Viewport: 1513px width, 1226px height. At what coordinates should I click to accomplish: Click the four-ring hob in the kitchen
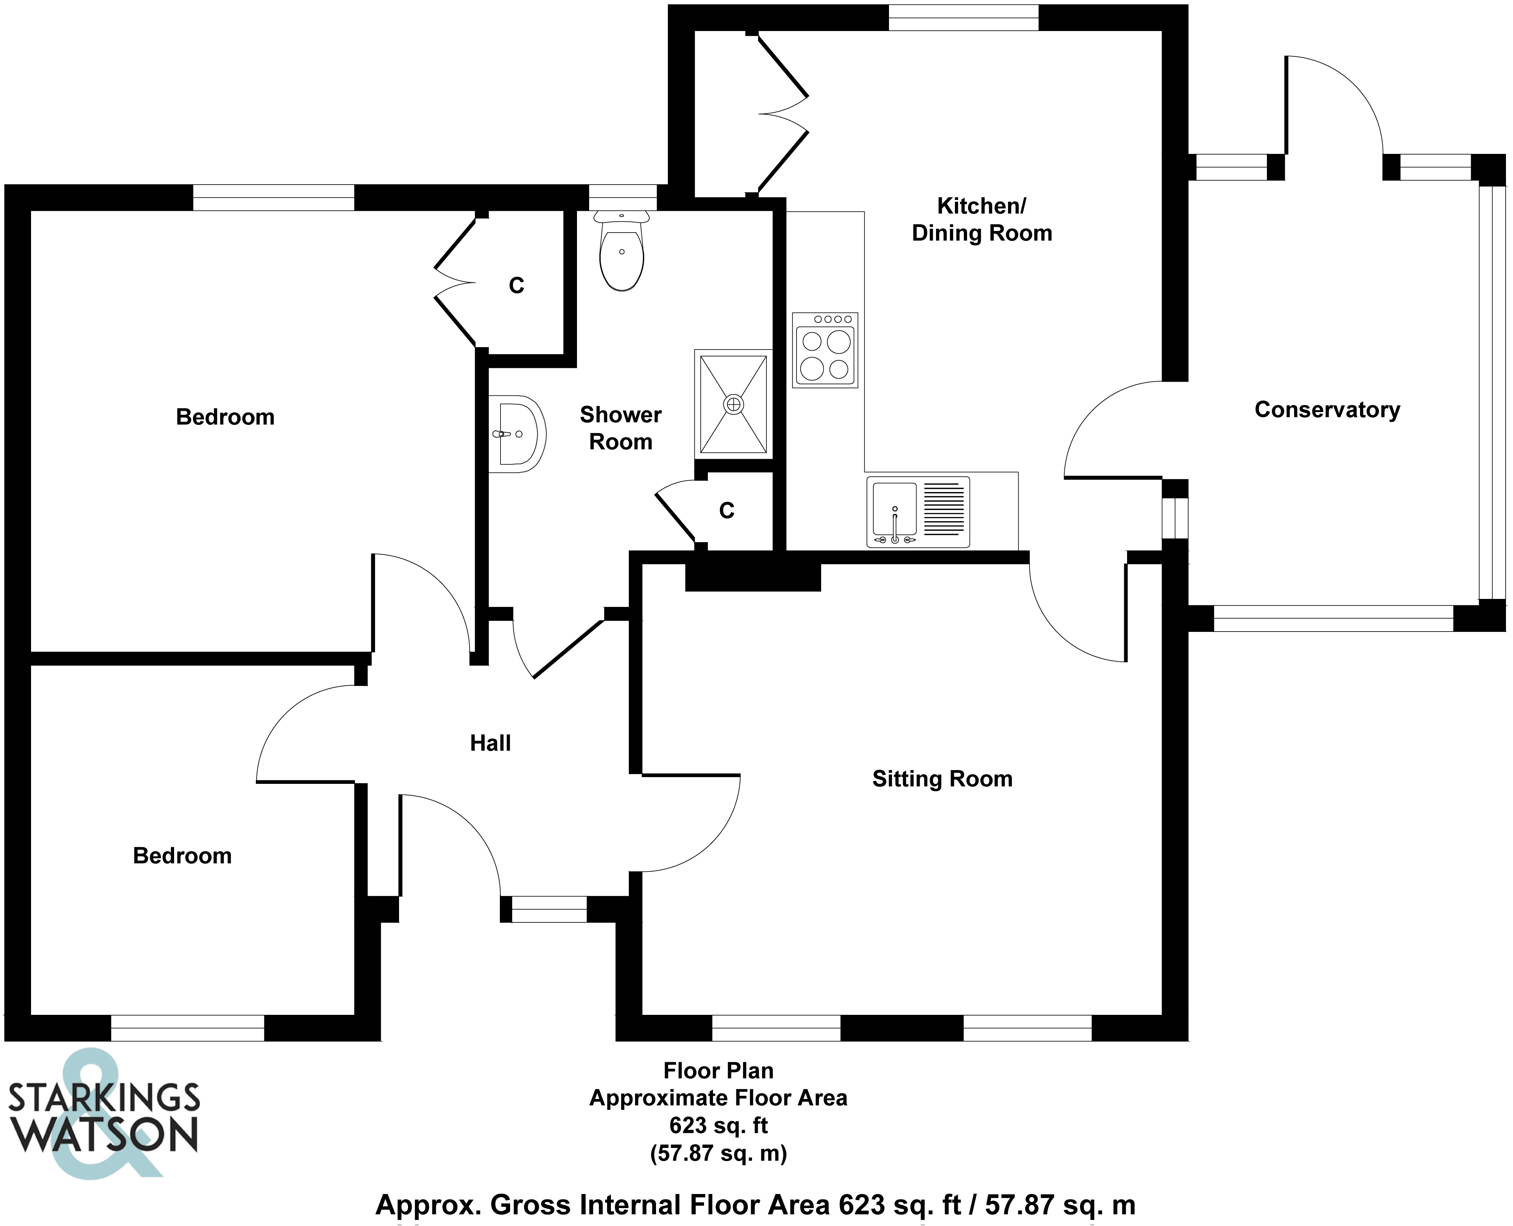[x=825, y=350]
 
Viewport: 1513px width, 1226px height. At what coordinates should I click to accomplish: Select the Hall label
[x=490, y=743]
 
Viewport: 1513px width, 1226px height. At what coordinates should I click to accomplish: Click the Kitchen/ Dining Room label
[x=982, y=219]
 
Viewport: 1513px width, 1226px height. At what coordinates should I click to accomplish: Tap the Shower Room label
[x=621, y=428]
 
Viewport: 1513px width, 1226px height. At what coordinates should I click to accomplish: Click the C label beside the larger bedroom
[x=516, y=285]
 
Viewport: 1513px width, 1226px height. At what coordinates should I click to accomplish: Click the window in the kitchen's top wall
[x=964, y=18]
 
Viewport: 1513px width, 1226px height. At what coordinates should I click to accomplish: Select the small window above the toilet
[x=622, y=197]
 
